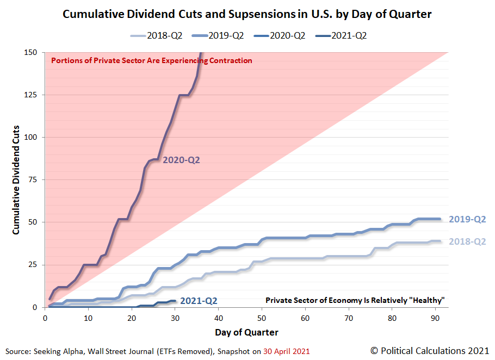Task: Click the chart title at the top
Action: point(247,14)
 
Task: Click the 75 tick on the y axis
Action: point(33,180)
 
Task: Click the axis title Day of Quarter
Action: point(246,332)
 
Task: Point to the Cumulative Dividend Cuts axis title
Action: point(16,180)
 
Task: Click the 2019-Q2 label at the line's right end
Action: point(467,220)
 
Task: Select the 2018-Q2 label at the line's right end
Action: point(467,241)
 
